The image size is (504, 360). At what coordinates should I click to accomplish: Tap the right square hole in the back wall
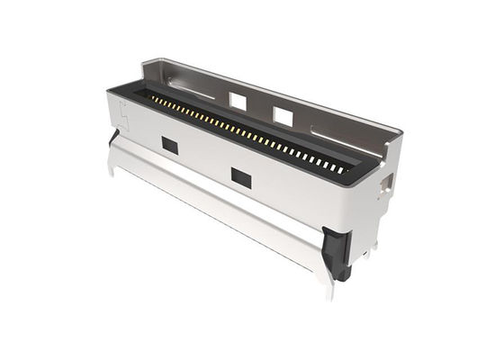(x=283, y=115)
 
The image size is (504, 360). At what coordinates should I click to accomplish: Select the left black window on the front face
(x=168, y=144)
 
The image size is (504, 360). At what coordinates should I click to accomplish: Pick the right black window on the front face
(x=240, y=175)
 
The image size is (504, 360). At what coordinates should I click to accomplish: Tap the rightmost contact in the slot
(x=341, y=168)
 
